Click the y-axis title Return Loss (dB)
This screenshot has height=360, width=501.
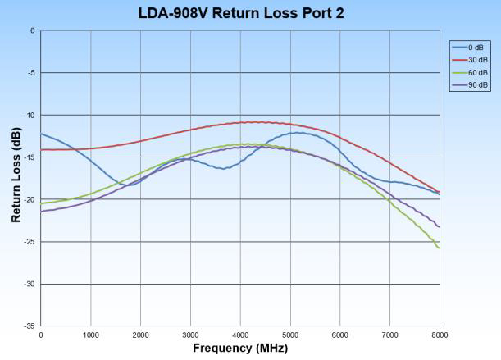[x=16, y=178]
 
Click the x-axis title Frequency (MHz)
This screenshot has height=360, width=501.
[x=240, y=348]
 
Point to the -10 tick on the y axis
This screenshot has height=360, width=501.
[x=30, y=115]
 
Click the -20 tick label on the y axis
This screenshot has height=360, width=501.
[x=30, y=199]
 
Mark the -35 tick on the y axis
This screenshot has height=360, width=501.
[x=30, y=326]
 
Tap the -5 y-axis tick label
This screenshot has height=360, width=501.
[x=32, y=73]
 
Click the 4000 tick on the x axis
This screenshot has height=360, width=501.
[x=240, y=335]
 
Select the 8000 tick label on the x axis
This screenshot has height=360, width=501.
[x=440, y=335]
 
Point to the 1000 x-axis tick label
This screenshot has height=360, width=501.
[x=90, y=335]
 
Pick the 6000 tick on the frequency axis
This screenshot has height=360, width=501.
[x=340, y=335]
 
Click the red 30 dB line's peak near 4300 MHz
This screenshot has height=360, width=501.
[x=256, y=122]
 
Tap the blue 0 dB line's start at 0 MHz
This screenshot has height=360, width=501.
[x=41, y=134]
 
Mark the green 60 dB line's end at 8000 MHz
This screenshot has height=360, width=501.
[x=440, y=248]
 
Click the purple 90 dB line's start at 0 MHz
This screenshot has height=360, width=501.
[x=41, y=212]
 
